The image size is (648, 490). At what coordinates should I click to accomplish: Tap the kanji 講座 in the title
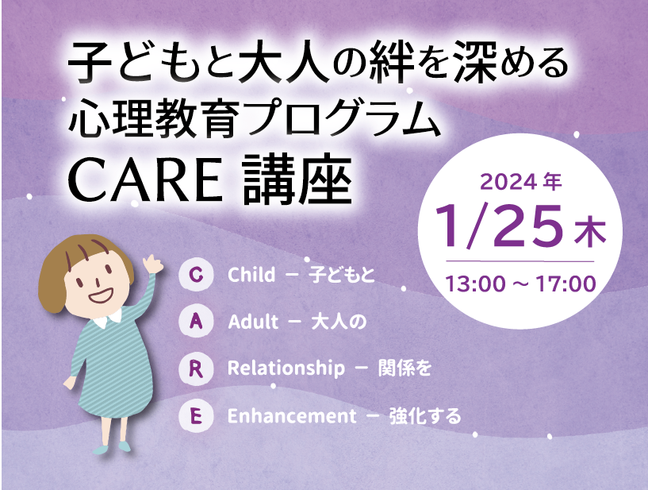pos(297,179)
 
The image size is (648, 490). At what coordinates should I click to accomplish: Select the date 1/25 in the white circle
pos(499,227)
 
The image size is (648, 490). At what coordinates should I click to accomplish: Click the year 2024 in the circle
pos(508,182)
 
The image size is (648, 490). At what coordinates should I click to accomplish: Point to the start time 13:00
pos(475,284)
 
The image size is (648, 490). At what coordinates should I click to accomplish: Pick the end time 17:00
pos(566,284)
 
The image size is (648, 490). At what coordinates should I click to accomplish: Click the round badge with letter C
pos(196,274)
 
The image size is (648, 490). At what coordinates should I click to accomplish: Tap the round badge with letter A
pos(196,321)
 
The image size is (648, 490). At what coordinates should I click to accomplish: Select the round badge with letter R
pos(196,368)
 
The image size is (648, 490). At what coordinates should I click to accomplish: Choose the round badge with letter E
pos(196,415)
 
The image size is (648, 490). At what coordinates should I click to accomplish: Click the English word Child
pos(251,274)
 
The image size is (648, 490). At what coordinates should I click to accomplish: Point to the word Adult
pos(253,322)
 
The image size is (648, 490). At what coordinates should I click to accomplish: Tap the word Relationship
pos(286,368)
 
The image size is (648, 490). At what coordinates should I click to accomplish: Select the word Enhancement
pos(292,416)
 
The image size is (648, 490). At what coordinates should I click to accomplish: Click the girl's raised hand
pos(152,264)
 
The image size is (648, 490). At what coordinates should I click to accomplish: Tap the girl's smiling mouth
pos(101,295)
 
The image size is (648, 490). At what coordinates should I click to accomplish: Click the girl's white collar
pos(107,319)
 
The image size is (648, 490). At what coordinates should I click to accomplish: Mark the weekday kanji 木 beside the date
pos(590,233)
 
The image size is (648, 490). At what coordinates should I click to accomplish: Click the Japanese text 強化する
pos(425,416)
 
